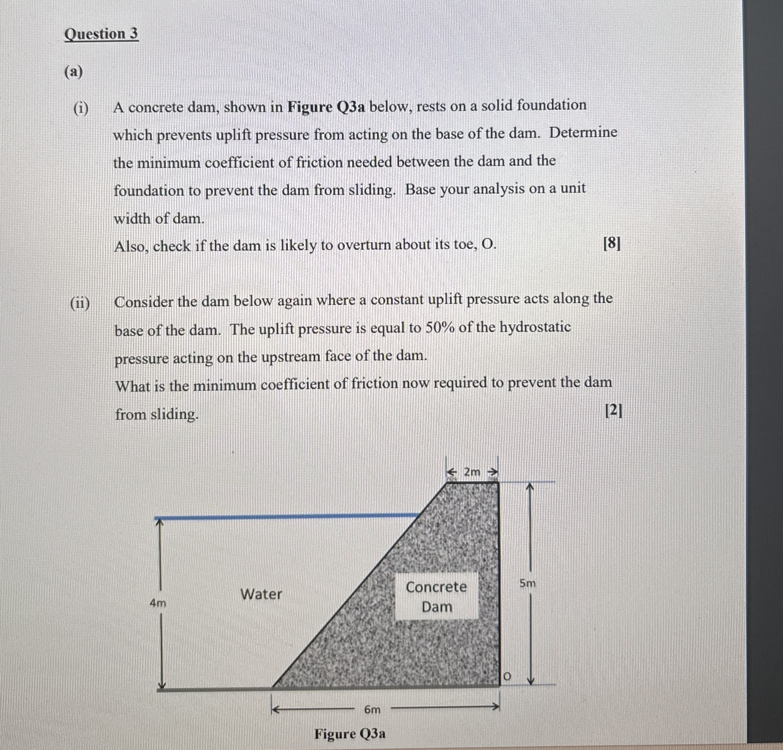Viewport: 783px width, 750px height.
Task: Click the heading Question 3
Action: [101, 34]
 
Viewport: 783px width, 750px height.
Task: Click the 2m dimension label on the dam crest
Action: [472, 472]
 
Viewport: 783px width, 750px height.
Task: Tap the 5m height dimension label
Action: [527, 584]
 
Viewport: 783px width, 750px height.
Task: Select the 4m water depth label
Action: [158, 603]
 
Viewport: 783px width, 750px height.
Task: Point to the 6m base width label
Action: [372, 710]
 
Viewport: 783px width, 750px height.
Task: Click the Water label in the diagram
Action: [261, 594]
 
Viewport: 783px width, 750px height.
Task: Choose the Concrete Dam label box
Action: [437, 597]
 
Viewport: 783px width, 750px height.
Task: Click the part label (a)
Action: [73, 72]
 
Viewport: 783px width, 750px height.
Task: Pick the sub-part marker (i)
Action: [81, 109]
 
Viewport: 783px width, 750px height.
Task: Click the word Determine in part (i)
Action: [583, 132]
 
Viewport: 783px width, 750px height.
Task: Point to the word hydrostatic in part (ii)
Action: [535, 327]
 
